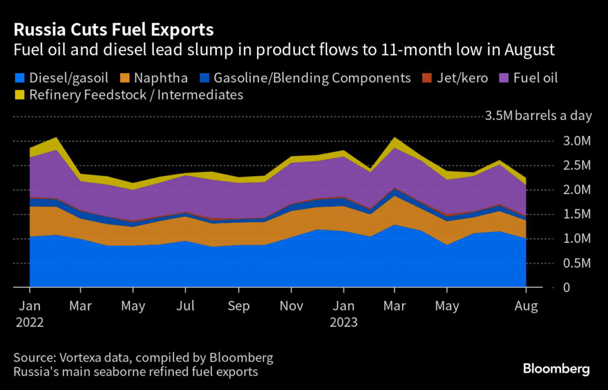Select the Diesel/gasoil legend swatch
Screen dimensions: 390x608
[x=20, y=78]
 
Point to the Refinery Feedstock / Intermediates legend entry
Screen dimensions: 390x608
[x=128, y=94]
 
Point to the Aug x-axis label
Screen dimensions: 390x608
[x=526, y=306]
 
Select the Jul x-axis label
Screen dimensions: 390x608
[x=186, y=306]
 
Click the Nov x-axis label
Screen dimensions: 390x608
[x=291, y=306]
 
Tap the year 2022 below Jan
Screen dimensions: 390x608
[x=30, y=322]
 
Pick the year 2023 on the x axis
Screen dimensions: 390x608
[x=344, y=322]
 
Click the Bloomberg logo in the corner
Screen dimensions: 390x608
[x=556, y=369]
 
